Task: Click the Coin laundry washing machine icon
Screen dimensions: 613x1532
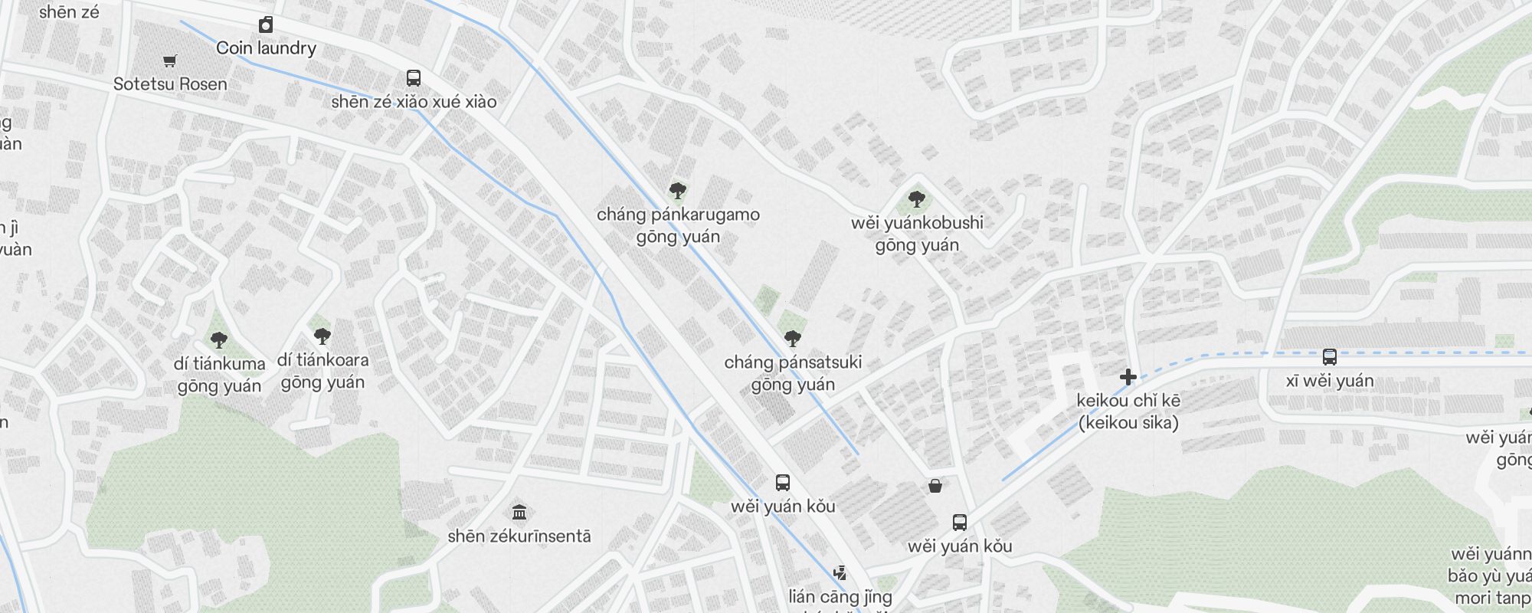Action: click(266, 25)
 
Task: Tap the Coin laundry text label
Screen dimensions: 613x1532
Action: click(266, 48)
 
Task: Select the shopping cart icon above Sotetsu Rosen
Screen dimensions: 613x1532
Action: click(170, 61)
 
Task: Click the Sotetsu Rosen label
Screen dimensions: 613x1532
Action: click(170, 84)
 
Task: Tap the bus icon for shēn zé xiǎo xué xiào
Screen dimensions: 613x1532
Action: click(414, 78)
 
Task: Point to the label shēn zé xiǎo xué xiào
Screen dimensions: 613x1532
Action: click(414, 102)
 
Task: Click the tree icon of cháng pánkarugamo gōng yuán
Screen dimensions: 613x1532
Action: click(677, 190)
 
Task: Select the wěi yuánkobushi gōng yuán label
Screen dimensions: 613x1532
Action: click(917, 234)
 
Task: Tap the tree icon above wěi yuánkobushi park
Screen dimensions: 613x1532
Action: click(917, 200)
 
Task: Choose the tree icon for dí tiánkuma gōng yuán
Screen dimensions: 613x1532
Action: click(219, 339)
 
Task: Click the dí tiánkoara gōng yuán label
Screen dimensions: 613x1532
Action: click(322, 371)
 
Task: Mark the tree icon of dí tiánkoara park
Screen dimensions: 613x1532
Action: click(322, 336)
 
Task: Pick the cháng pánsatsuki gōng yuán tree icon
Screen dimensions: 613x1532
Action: click(793, 338)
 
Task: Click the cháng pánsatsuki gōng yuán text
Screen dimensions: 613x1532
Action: click(793, 373)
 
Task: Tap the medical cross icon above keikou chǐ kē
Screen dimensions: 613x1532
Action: click(1128, 377)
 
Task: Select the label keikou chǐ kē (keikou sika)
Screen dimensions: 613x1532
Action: click(1128, 411)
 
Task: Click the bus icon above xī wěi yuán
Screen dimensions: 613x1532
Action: click(1330, 357)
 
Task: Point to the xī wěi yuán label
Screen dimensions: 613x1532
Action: click(1330, 381)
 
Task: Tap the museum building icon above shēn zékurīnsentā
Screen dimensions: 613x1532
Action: click(519, 512)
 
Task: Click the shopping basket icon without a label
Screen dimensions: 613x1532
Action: click(935, 486)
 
